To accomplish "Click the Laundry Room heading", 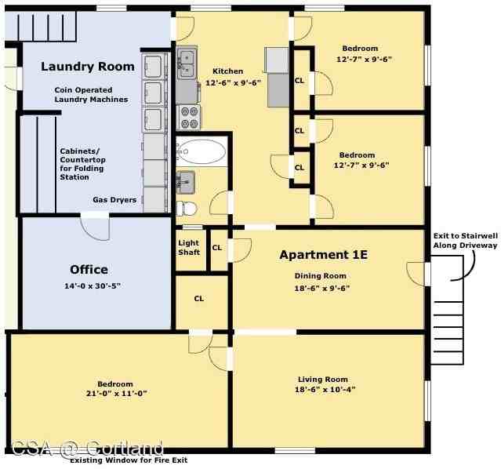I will [88, 67].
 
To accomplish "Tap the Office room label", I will [89, 270].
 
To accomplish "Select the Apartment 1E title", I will [323, 255].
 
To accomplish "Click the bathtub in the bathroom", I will [202, 151].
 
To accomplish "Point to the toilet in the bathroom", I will [187, 209].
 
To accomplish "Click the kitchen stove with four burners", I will [189, 118].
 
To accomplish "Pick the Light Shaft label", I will [188, 247].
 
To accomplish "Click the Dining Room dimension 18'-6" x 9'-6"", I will [321, 288].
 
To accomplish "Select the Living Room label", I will [322, 380].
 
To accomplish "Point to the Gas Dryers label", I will [114, 200].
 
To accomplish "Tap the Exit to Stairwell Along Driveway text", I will [465, 240].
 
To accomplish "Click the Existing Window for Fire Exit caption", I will [129, 460].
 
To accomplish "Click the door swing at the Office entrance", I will [96, 227].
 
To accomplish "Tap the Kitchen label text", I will [227, 71].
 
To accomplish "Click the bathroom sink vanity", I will [186, 182].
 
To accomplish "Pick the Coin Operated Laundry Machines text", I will [91, 95].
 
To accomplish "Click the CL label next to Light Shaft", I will [216, 248].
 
